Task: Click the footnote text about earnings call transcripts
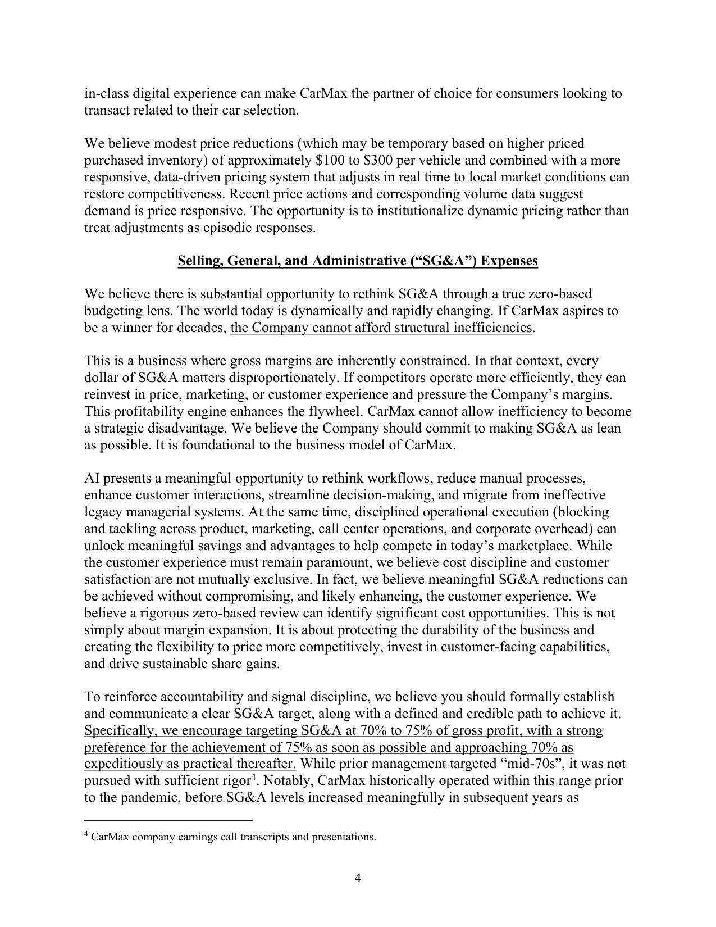coord(233,837)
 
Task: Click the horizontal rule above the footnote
coord(168,820)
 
